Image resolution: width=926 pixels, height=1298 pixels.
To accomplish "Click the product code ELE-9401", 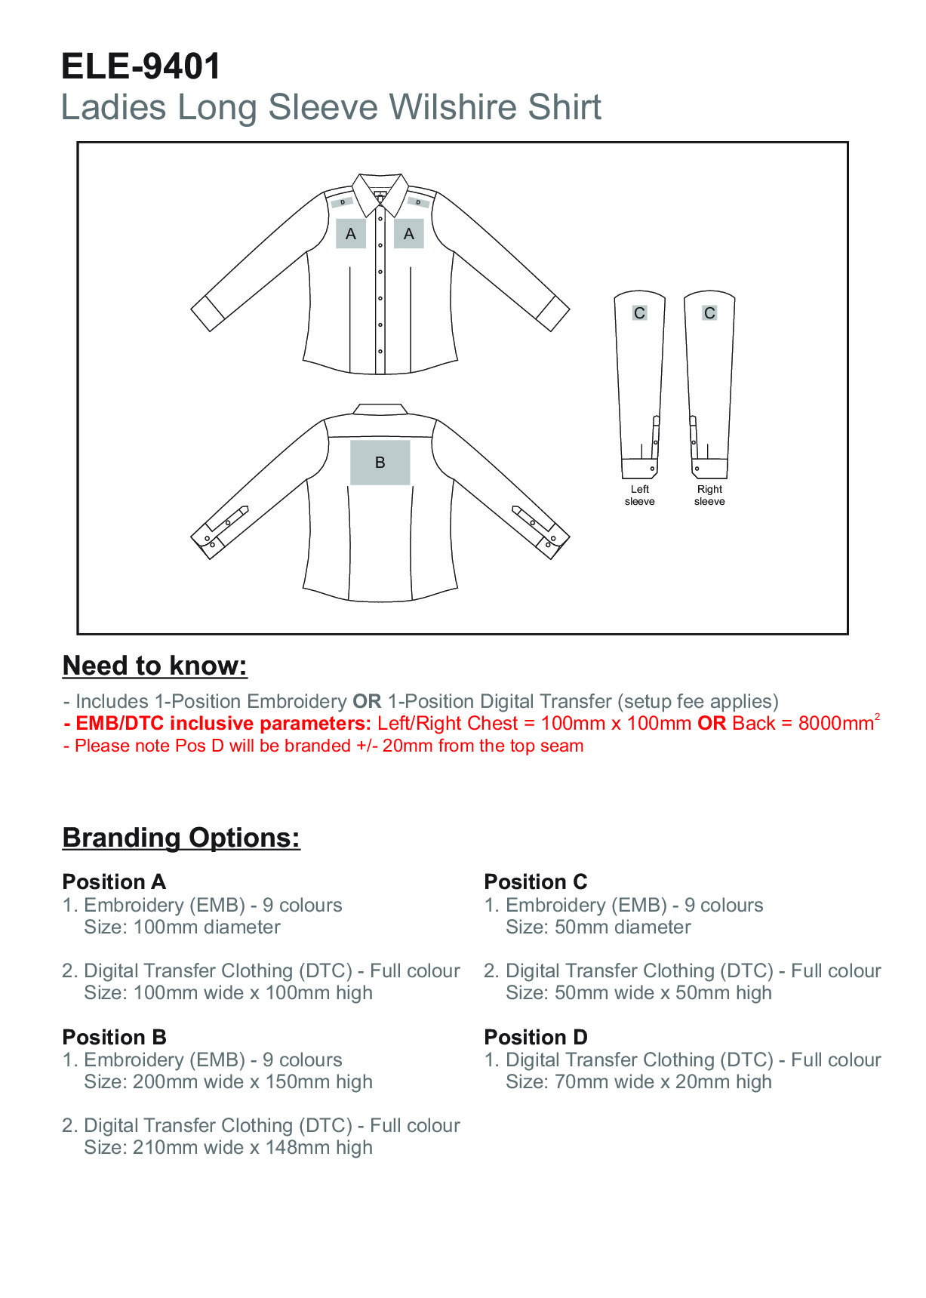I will (140, 66).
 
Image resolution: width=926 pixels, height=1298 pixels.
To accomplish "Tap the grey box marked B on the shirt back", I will (380, 462).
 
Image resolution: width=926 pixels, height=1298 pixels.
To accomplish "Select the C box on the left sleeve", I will (639, 312).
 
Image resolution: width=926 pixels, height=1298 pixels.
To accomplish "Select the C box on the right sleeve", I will (709, 312).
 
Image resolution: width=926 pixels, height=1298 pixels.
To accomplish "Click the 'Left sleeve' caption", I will (639, 495).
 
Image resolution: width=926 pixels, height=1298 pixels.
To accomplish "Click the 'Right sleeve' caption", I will (709, 495).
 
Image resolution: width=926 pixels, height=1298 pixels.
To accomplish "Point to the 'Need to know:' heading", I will (155, 666).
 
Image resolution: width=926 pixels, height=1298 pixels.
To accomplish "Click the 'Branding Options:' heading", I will (181, 838).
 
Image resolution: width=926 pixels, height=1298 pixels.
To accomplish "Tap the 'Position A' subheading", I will (114, 881).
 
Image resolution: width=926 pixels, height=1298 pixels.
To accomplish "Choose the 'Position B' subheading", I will (114, 1037).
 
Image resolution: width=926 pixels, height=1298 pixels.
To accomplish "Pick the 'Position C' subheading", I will (535, 881).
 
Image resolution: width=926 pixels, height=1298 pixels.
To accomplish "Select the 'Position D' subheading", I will (535, 1037).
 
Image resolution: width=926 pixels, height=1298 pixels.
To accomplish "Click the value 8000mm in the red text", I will (835, 724).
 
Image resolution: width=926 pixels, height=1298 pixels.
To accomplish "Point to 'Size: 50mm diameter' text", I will (598, 927).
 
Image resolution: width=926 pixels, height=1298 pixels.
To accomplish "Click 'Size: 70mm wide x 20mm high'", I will (638, 1082).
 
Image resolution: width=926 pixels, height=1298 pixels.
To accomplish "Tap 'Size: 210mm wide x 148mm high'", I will (228, 1148).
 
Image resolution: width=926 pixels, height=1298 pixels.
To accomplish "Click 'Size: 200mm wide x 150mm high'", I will (228, 1082).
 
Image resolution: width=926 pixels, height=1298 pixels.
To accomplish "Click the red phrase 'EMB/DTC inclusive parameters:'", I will (223, 724).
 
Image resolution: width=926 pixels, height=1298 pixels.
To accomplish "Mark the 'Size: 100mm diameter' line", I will (182, 927).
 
